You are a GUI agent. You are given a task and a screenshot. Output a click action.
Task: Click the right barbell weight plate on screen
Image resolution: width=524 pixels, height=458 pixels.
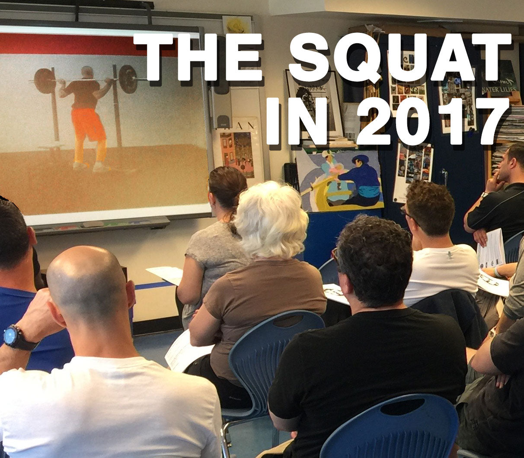(x=128, y=79)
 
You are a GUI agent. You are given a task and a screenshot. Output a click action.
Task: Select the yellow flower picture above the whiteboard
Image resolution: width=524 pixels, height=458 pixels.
(x=236, y=25)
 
